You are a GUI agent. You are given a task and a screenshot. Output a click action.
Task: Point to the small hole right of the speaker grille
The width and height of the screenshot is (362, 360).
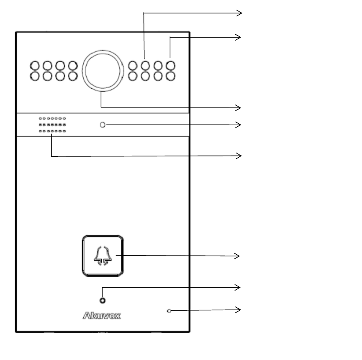[103, 125]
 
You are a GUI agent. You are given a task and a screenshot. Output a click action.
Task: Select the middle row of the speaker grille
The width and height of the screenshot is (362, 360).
[52, 125]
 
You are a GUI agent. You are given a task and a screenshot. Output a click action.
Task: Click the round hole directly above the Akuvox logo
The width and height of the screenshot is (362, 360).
[103, 301]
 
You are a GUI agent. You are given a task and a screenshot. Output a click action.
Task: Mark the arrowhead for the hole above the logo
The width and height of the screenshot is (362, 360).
[239, 288]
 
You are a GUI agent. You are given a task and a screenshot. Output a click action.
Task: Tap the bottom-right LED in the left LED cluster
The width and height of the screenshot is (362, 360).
[73, 76]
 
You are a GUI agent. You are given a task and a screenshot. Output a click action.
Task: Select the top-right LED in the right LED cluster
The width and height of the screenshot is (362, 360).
[170, 66]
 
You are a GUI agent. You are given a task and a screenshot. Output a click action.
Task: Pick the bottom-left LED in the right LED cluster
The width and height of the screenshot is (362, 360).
[133, 76]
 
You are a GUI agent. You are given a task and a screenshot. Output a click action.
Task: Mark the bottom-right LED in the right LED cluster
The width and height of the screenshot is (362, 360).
[170, 76]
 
